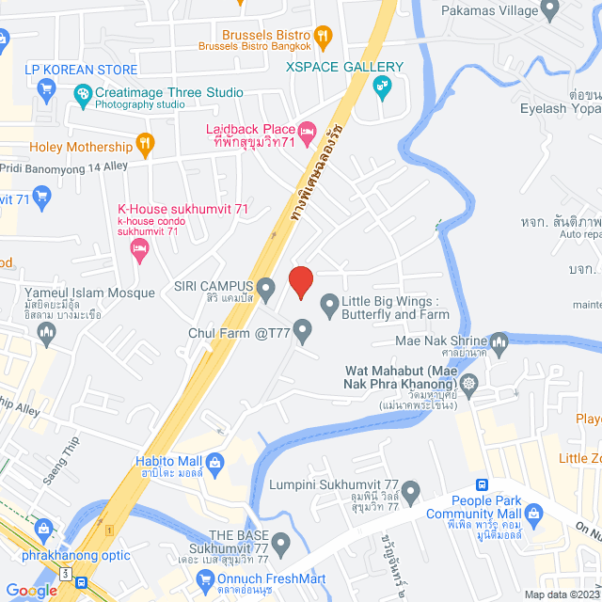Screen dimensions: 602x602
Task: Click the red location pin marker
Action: click(x=300, y=281)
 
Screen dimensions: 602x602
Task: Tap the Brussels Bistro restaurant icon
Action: click(x=323, y=38)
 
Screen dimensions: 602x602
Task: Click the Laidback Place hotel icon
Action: click(x=307, y=129)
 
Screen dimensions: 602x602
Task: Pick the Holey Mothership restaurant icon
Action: click(x=144, y=145)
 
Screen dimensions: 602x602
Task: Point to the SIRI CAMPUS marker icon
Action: click(x=265, y=286)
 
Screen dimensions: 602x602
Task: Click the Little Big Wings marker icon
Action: click(x=329, y=304)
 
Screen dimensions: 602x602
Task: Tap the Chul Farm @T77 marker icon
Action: click(x=302, y=330)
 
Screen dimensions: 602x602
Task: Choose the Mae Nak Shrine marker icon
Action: click(x=499, y=341)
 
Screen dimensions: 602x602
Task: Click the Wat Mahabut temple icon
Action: click(x=468, y=383)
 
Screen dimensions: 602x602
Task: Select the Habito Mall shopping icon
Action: click(x=215, y=462)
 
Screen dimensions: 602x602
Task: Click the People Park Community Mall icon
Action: click(x=535, y=514)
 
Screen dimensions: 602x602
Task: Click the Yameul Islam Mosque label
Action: click(x=89, y=293)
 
